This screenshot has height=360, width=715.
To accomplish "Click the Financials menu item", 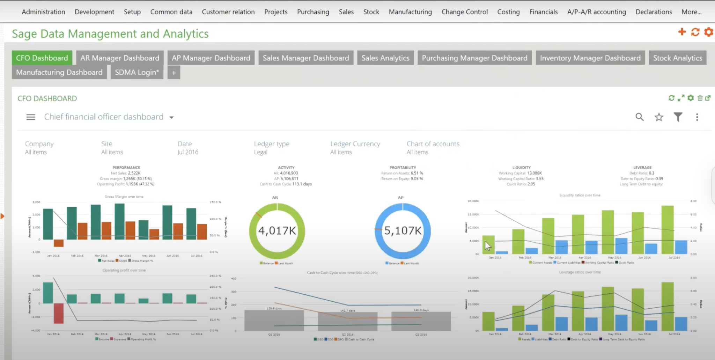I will point(543,12).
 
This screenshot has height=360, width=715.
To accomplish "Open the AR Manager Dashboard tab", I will point(120,58).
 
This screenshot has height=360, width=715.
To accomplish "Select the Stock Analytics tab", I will point(677,58).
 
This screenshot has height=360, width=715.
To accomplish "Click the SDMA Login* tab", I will point(137,72).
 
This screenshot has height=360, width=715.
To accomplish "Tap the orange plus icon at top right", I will point(681,32).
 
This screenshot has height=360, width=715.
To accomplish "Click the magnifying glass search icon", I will point(639,117).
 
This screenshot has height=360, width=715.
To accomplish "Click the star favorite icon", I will point(659,117).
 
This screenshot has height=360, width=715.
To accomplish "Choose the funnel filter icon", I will point(678,117).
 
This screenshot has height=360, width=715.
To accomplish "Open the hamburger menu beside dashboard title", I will point(31,117).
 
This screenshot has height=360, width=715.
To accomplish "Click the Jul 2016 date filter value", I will point(188,152).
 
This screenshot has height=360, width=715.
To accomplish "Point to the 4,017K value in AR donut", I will point(277,231).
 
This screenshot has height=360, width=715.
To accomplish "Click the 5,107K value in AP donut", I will point(403,231).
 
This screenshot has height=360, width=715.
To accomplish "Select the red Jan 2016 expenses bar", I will point(58,313).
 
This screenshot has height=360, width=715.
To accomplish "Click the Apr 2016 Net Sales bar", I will point(119,221).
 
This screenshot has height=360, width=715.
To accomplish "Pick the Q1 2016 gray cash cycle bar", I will point(274,320).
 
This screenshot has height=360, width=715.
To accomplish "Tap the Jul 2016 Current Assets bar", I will point(668,229).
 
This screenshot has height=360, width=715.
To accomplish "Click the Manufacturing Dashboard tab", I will point(59,72).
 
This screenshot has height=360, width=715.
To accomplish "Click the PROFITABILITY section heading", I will point(403,168).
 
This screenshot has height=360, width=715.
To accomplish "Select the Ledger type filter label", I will point(272,144).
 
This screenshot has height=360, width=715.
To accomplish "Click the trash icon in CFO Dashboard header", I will point(700,98).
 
